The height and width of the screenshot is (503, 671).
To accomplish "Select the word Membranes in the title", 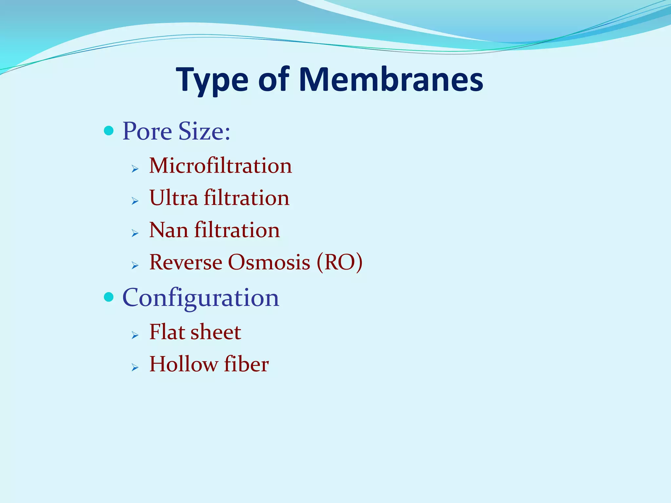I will (391, 80).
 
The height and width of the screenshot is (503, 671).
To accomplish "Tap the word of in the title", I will (274, 80).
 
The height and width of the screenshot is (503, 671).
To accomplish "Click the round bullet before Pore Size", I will (108, 131).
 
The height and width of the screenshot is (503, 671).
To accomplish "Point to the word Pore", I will (147, 131).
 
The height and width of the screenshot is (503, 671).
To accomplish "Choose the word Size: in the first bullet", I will (204, 131).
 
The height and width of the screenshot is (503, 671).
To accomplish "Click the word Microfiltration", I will (220, 166).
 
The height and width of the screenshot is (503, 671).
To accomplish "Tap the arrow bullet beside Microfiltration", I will (135, 169).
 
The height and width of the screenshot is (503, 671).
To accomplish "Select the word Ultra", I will (174, 198).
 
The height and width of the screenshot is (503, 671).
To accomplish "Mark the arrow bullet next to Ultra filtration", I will (135, 201).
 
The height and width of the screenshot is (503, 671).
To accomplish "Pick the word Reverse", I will (186, 262).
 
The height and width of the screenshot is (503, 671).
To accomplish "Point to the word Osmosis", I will (269, 262).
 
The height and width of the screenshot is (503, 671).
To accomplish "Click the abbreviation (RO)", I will (340, 262).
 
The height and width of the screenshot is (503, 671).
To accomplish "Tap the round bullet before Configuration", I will (108, 297).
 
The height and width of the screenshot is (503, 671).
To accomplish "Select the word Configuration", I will (201, 298).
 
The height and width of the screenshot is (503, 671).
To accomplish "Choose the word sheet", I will (216, 332).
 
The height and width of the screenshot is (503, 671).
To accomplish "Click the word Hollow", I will (183, 364).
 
